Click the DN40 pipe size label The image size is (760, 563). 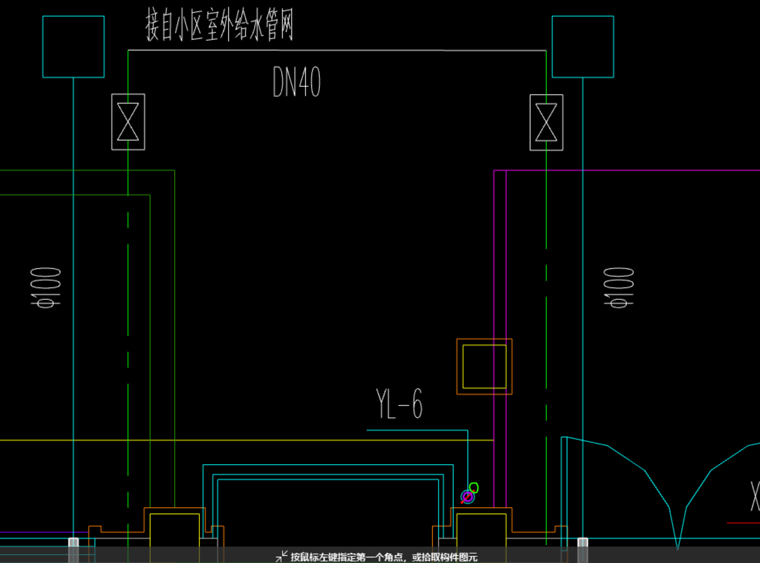coord(296,82)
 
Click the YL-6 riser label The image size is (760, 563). coord(399,404)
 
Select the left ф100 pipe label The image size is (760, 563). coord(46,287)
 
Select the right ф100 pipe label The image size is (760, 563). coord(619,287)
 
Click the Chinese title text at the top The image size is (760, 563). coord(219,25)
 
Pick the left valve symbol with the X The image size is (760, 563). coord(128,122)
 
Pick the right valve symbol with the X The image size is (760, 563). coord(546,123)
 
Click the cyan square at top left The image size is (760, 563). coord(73,47)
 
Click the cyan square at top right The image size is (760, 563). coord(583,47)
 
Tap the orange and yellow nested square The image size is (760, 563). coord(484,367)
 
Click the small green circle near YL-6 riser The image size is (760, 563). coord(474,488)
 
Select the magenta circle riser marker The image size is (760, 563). coord(467,496)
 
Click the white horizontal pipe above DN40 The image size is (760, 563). coord(336,50)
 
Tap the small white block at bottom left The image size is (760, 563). coord(73,542)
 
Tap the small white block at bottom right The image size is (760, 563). coord(583,542)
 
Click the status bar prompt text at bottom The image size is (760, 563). coord(384,557)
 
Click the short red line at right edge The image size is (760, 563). coord(743,523)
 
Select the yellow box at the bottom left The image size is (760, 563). coord(174,531)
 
